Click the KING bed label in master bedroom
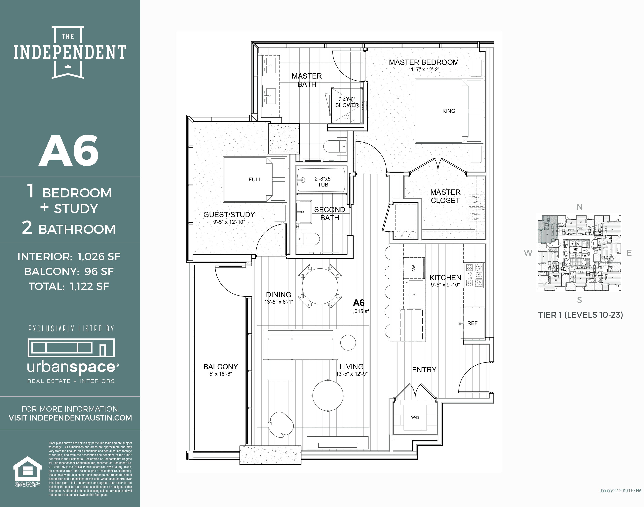pos(449,111)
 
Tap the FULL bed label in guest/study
pos(255,180)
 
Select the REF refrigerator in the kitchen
pos(472,323)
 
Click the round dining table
pos(320,287)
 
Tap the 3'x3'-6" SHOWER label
pos(347,102)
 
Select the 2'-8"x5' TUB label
pos(323,182)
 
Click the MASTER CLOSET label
pos(445,196)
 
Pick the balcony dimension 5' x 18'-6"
pos(220,374)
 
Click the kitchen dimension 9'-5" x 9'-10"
pos(445,285)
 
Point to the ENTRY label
pos(424,370)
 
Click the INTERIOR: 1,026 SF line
pos(69,256)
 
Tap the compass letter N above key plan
pos(579,207)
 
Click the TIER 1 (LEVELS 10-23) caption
pos(580,315)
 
